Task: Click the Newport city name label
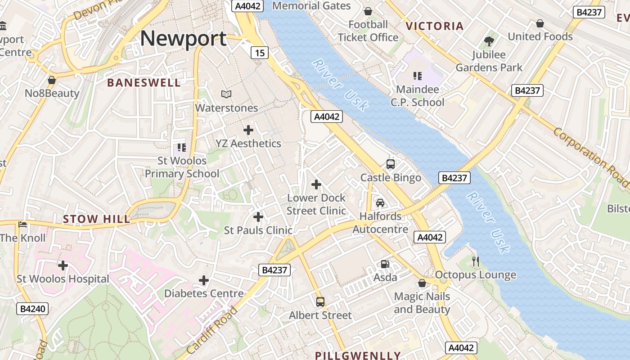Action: [x=183, y=39]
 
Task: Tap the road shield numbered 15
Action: [x=260, y=53]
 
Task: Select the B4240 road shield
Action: [x=33, y=309]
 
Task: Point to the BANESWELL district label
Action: [x=144, y=82]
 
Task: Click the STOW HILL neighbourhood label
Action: [x=96, y=219]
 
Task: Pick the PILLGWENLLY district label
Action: [x=357, y=355]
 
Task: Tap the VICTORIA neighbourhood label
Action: [x=434, y=26]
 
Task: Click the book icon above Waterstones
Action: [x=226, y=94]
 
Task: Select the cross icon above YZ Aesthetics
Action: [x=248, y=130]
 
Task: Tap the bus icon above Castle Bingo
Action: [x=391, y=164]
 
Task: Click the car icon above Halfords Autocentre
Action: [x=380, y=203]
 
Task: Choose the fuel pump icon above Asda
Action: [x=385, y=264]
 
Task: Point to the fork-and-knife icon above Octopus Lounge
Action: [x=476, y=261]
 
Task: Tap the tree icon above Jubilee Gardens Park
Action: [x=489, y=41]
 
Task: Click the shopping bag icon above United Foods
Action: [x=540, y=23]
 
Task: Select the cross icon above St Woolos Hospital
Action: [x=63, y=265]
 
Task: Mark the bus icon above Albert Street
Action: [x=320, y=302]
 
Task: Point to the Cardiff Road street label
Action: [x=211, y=329]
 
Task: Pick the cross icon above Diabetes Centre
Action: [x=204, y=280]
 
